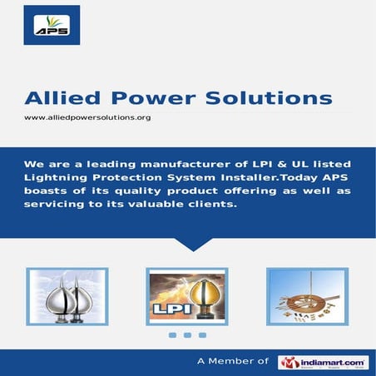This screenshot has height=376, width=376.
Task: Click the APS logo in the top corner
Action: pos(52,25)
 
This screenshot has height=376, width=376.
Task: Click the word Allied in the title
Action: pos(61,98)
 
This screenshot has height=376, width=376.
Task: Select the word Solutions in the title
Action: pos(268,98)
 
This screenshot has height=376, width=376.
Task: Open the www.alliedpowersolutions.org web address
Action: pos(87,118)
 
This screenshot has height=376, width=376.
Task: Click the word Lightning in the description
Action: pos(55,179)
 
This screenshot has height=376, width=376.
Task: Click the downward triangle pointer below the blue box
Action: pos(188,243)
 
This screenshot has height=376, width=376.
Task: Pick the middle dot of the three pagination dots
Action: pos(188,336)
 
